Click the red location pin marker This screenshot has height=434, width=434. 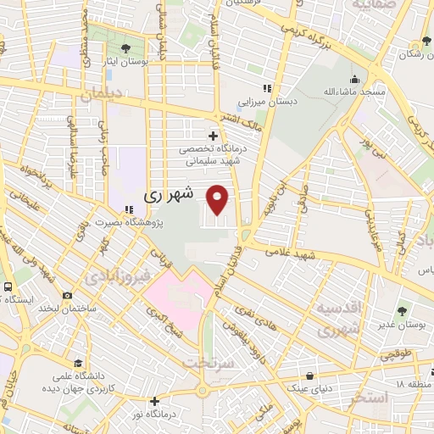coord(219,199)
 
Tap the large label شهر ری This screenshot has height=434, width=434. coord(170,194)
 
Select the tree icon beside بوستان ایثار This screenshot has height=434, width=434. coord(125,47)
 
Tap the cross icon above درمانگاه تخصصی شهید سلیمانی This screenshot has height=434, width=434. coord(213,135)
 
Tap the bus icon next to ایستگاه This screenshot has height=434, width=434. coord(8,287)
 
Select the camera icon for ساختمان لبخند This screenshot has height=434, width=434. coord(65,297)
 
